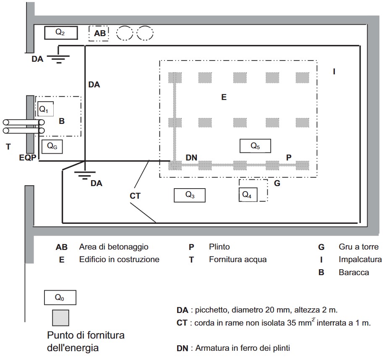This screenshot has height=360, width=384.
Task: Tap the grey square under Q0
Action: coord(60,318)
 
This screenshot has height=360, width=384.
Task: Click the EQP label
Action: coord(28,158)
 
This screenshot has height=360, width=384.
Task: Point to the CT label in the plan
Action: coord(135,196)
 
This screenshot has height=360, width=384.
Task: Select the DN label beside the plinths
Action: coord(191,158)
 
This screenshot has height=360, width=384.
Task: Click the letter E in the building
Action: coord(224,97)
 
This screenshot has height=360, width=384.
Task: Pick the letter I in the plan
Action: coord(334,71)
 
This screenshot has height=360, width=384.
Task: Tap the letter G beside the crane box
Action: coord(277,183)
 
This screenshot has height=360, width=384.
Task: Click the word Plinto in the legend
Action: coord(219,247)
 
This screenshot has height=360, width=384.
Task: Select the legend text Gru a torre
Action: coord(359,247)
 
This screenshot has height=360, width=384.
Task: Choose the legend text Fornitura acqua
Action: coord(238,259)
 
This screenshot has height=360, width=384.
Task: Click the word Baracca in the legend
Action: coord(354,272)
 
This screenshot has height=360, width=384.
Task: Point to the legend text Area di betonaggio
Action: coord(114,247)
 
